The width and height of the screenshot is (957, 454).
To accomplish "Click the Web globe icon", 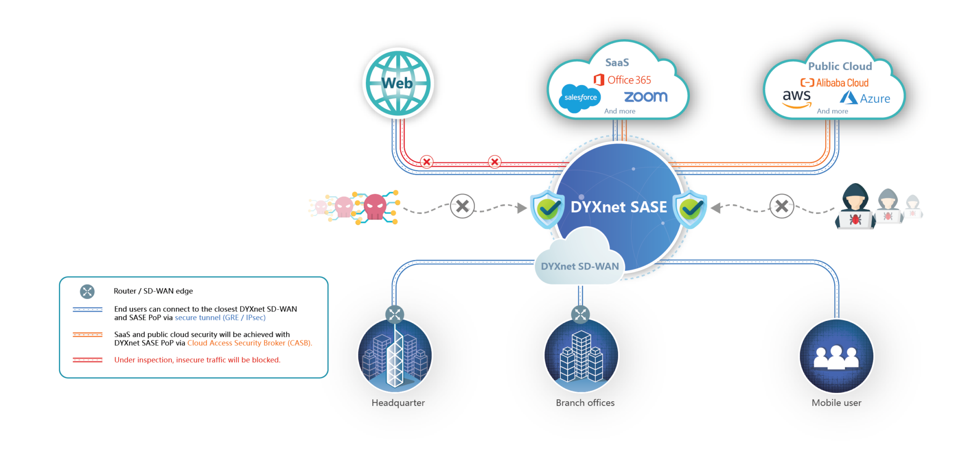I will point(398,84).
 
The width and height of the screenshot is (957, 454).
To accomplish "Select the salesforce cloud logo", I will point(580,98).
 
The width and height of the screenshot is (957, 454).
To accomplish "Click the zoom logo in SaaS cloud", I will point(646,97).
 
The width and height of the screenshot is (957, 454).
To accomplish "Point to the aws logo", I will point(797,98).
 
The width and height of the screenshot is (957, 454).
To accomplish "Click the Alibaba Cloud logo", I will point(835,83).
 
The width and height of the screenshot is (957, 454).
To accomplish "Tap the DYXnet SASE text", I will point(619,207).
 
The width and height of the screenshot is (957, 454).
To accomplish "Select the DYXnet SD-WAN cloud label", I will point(579,266).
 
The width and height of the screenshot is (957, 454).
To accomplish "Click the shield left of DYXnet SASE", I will point(547,208).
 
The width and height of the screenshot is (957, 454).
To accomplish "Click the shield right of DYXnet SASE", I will point(690,208).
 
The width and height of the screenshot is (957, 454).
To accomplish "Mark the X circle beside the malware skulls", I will point(462,206).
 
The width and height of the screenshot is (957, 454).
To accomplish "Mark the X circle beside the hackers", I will point(781,206).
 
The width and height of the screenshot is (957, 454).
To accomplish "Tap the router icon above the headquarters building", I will point(395,314).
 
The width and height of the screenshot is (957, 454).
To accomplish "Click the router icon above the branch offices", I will point(580,314).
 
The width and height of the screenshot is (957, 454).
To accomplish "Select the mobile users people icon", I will point(836,357).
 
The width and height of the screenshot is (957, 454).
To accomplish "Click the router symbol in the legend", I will point(87,291).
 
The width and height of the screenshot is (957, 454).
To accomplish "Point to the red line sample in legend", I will point(87,360).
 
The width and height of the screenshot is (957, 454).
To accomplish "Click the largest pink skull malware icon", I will point(375,206).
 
